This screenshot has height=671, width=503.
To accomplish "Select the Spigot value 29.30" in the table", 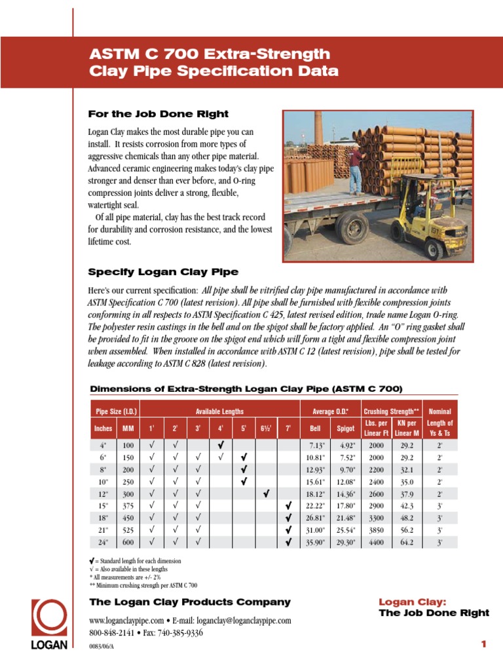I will tap(345, 542).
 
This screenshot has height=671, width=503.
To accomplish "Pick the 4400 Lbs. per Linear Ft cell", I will tap(376, 542).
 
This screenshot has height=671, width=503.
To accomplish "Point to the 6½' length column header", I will tap(266, 429).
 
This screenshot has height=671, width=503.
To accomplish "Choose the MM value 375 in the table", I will tap(128, 506).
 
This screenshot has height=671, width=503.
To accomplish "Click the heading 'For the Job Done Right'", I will tap(158, 114).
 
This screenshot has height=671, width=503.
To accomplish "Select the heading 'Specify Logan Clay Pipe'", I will tap(164, 272).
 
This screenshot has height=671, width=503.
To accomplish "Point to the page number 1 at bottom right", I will tap(484, 645).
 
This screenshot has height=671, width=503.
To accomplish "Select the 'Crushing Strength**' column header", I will tap(391, 412).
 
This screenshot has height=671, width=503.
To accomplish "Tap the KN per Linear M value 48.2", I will tap(407, 518).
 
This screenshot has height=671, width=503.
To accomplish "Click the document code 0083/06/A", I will tap(105, 646).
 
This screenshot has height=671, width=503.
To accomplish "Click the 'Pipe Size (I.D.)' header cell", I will tap(115, 412).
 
